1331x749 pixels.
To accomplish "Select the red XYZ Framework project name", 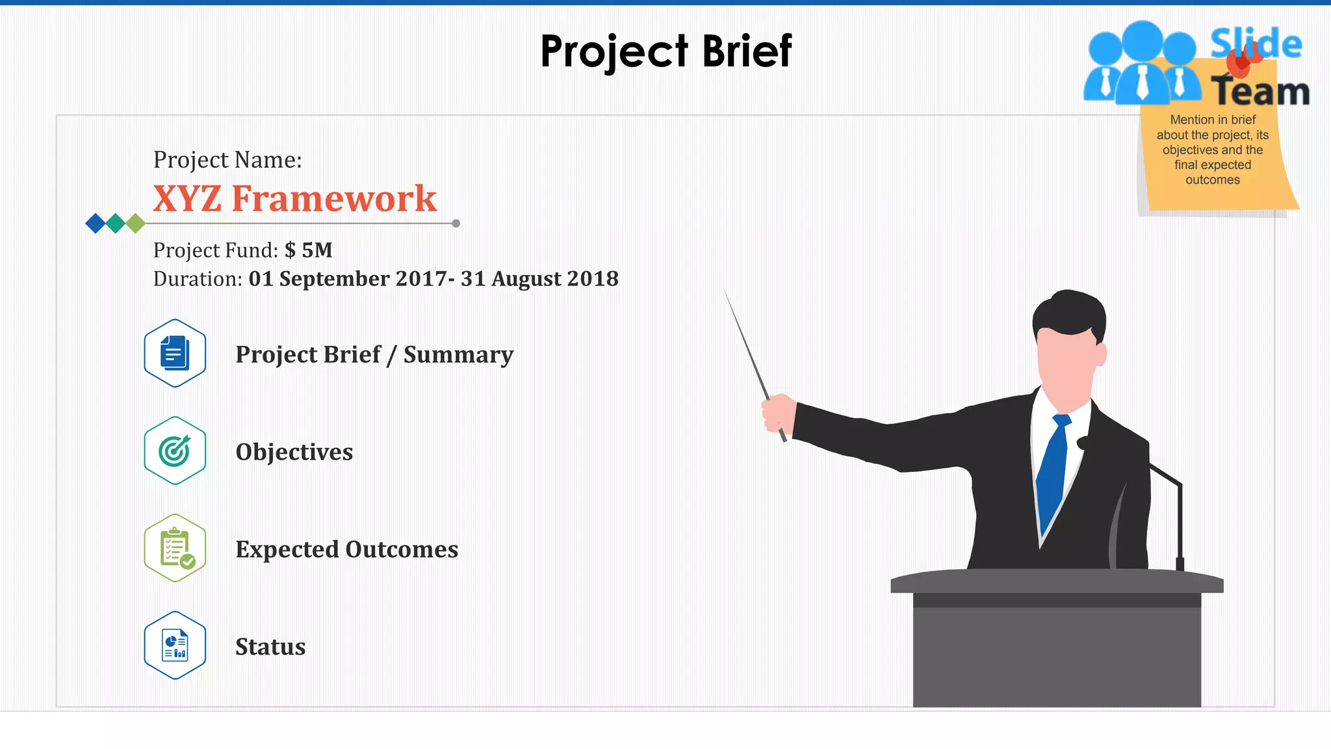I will (x=294, y=198).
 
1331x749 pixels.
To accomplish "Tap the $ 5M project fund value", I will (x=309, y=250).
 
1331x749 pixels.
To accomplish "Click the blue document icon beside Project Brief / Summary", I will (x=175, y=353).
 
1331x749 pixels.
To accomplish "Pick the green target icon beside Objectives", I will (x=175, y=451).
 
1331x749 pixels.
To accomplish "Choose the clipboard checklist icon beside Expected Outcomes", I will (x=175, y=548).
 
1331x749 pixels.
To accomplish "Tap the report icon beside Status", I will (x=175, y=645).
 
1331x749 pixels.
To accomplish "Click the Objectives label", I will (x=294, y=452).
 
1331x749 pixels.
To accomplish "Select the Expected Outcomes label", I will (x=346, y=549).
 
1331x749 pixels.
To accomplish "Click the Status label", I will (x=270, y=647).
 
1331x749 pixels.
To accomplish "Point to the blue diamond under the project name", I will (x=96, y=223).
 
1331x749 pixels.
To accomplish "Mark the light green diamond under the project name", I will (x=135, y=223).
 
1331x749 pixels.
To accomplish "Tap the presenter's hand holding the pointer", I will (x=779, y=414).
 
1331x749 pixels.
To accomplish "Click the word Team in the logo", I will (x=1260, y=91).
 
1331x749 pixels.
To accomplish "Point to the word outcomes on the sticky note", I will (x=1213, y=180).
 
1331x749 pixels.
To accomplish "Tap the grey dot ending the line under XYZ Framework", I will (x=456, y=223).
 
